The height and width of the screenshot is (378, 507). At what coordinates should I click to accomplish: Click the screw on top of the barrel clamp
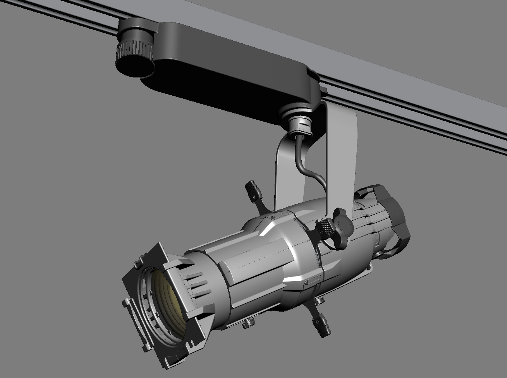tap(275, 218)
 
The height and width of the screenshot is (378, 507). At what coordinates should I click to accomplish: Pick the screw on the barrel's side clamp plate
tap(306, 283)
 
